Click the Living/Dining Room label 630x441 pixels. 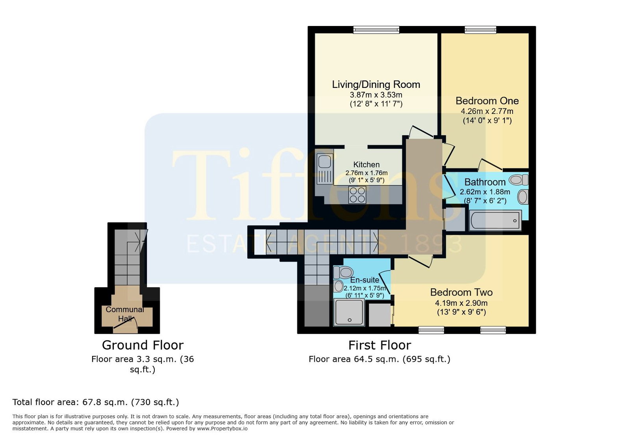(376, 84)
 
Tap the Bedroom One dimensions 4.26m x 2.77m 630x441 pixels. (487, 111)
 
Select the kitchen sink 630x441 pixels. (325, 169)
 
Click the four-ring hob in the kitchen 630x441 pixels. (358, 195)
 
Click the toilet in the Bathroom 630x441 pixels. (519, 180)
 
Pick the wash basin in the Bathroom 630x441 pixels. (523, 197)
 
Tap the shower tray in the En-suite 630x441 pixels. (349, 313)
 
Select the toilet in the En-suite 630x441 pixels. (343, 272)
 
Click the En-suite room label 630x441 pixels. (365, 280)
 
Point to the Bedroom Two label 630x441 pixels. (461, 292)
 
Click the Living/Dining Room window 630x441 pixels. (376, 30)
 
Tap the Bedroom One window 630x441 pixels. (480, 30)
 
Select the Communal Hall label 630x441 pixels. (125, 314)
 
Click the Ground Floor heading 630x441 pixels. (143, 345)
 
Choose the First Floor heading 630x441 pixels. (380, 345)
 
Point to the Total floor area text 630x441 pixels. (96, 402)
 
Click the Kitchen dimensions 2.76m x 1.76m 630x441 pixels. (366, 173)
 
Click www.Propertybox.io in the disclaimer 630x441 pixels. (222, 429)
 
